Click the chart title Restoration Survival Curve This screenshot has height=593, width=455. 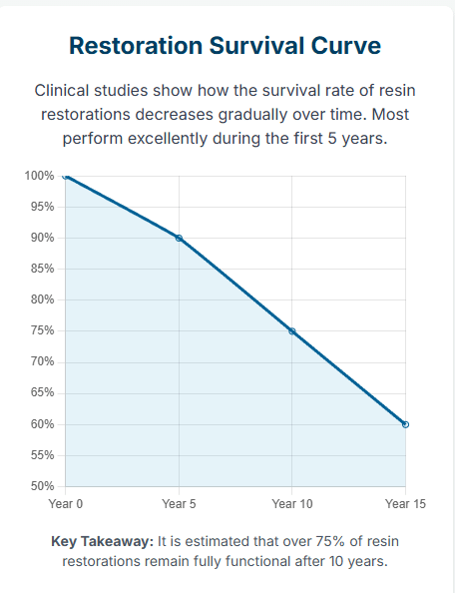(x=225, y=46)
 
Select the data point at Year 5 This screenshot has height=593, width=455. (x=179, y=238)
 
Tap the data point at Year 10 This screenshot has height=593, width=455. (x=292, y=331)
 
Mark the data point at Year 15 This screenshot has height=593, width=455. (x=405, y=424)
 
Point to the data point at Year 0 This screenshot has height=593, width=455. (x=66, y=176)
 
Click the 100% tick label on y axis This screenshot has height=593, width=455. (x=39, y=176)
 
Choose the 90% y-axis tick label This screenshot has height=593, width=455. (x=42, y=238)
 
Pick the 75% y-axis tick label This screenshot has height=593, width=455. (x=42, y=331)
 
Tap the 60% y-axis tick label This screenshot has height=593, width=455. (x=42, y=424)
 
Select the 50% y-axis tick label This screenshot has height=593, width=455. (x=42, y=487)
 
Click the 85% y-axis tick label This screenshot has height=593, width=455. (x=42, y=270)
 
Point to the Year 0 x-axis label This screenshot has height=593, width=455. (x=66, y=504)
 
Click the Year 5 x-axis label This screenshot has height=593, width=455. (x=179, y=504)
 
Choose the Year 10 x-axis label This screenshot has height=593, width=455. (x=292, y=504)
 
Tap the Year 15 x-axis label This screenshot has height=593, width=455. (x=405, y=504)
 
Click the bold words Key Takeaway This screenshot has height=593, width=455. (x=102, y=541)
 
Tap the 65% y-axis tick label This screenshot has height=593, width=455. (x=42, y=393)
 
